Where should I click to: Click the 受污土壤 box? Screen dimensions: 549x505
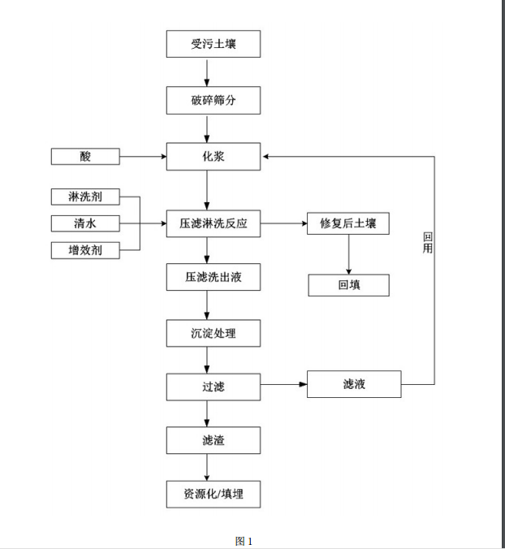click(213, 44)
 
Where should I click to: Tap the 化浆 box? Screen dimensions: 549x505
click(213, 156)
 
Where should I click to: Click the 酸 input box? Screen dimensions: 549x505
click(85, 156)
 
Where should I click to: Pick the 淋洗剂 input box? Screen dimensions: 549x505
click(85, 197)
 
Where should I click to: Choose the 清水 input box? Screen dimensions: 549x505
click(85, 223)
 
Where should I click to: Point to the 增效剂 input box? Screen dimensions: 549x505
click(85, 250)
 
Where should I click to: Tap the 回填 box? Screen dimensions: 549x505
click(348, 285)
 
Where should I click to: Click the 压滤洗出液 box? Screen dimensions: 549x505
click(213, 277)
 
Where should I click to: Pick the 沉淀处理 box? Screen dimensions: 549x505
click(213, 332)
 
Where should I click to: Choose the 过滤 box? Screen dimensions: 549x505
click(213, 387)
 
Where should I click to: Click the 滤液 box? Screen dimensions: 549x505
click(354, 384)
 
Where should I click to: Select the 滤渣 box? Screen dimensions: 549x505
click(213, 440)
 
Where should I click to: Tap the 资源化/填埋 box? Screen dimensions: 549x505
click(213, 494)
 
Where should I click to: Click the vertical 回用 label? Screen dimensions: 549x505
click(428, 243)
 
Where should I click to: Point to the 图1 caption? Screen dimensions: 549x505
click(244, 541)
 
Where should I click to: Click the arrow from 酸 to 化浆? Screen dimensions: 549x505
click(143, 156)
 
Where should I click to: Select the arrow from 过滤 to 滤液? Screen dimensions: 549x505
click(283, 385)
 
